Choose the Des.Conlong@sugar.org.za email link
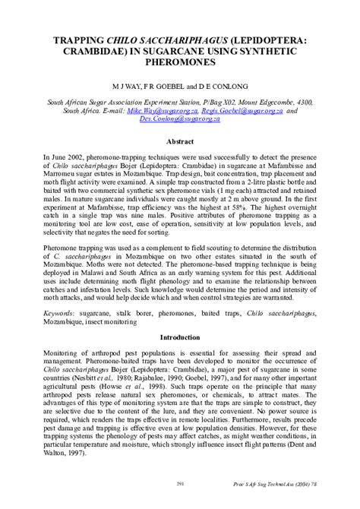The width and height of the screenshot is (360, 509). (185, 119)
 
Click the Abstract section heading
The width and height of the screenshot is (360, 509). (180, 141)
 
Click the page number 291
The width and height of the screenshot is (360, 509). (180, 483)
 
